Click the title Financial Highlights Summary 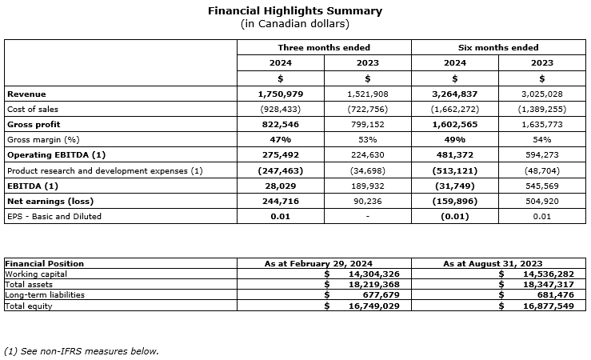click(x=295, y=11)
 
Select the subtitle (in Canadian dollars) click(x=295, y=23)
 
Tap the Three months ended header click(x=324, y=48)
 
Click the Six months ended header click(x=498, y=48)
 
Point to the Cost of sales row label click(x=33, y=109)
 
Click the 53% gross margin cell click(x=367, y=139)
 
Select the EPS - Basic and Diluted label click(x=54, y=216)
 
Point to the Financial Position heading click(x=45, y=263)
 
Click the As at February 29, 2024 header click(x=324, y=263)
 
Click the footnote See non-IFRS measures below click(x=81, y=350)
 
